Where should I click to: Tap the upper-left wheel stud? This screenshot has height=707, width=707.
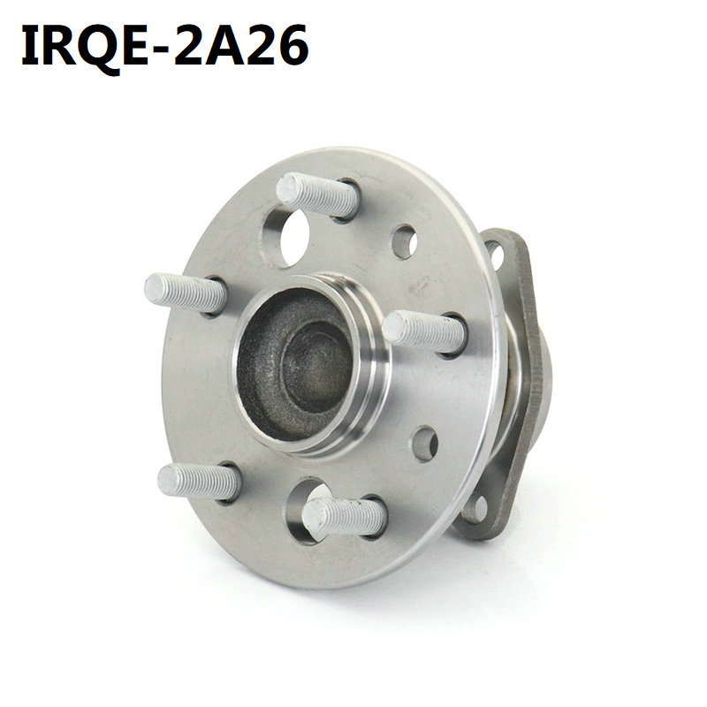(185, 293)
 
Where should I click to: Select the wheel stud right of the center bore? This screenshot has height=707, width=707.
(424, 332)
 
